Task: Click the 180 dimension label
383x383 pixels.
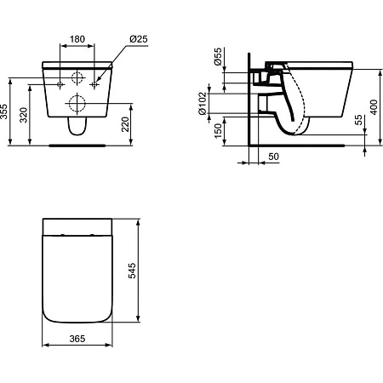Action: [x=77, y=38]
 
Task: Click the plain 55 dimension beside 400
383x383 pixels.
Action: [x=358, y=124]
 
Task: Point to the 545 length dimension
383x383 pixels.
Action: [x=131, y=270]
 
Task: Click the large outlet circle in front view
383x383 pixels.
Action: [x=77, y=105]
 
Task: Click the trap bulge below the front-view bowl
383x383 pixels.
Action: [x=77, y=127]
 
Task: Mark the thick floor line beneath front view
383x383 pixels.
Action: [x=77, y=145]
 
